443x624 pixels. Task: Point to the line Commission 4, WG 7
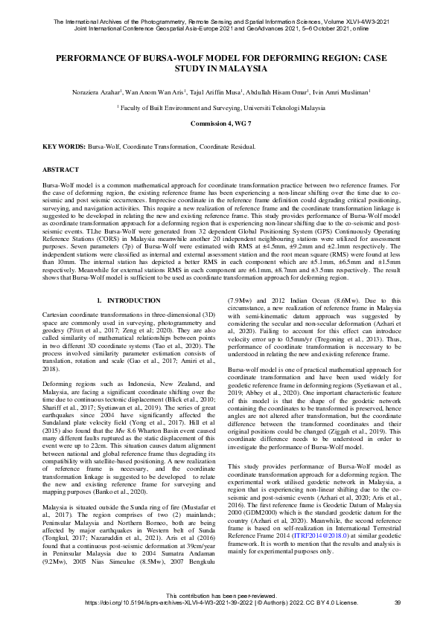click(x=221, y=121)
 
